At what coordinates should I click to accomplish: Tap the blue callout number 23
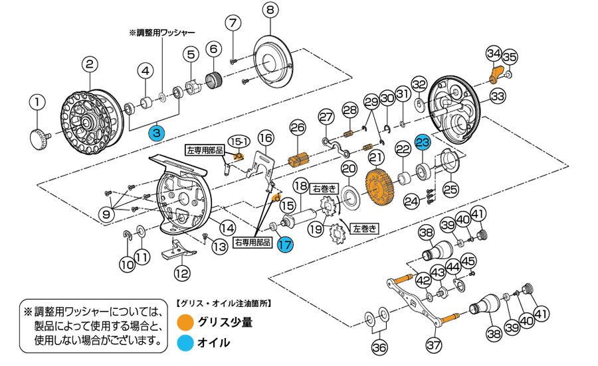(423, 142)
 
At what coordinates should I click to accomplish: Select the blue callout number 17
(285, 243)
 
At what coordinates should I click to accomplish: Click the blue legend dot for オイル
(185, 342)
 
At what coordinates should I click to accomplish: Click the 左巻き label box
(364, 227)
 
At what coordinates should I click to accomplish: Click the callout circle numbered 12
(181, 272)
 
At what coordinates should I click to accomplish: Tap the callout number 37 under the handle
(433, 345)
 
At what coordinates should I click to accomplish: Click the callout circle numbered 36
(379, 347)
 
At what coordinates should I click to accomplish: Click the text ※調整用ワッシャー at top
(161, 32)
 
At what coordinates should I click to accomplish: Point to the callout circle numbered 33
(498, 95)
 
